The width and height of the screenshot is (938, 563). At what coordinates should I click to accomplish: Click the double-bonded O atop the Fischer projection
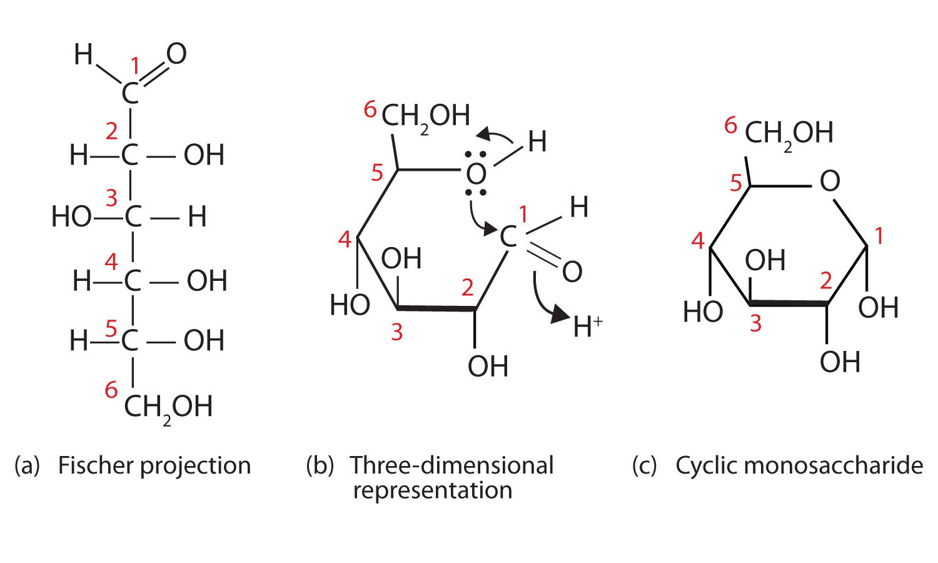(x=176, y=54)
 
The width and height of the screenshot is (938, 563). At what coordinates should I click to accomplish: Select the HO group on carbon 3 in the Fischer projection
(x=71, y=217)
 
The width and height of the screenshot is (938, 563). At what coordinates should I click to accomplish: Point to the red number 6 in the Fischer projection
(x=111, y=390)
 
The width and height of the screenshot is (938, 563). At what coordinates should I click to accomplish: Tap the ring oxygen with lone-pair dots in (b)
(x=477, y=173)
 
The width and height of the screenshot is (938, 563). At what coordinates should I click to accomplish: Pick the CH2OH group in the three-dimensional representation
(x=425, y=116)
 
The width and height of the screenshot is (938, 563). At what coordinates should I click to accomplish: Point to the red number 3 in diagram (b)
(x=396, y=332)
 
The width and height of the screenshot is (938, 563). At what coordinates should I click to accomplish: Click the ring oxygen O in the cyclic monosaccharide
(x=829, y=181)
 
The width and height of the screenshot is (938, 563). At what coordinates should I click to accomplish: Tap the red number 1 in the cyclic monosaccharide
(x=879, y=236)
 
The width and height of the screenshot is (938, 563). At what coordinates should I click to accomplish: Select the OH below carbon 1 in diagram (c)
(x=878, y=307)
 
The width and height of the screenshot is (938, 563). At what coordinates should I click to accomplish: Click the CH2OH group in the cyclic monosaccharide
(x=789, y=133)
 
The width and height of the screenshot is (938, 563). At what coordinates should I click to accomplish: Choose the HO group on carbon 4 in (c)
(x=702, y=311)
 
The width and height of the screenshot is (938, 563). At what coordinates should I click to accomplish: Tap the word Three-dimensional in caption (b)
(x=451, y=466)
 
